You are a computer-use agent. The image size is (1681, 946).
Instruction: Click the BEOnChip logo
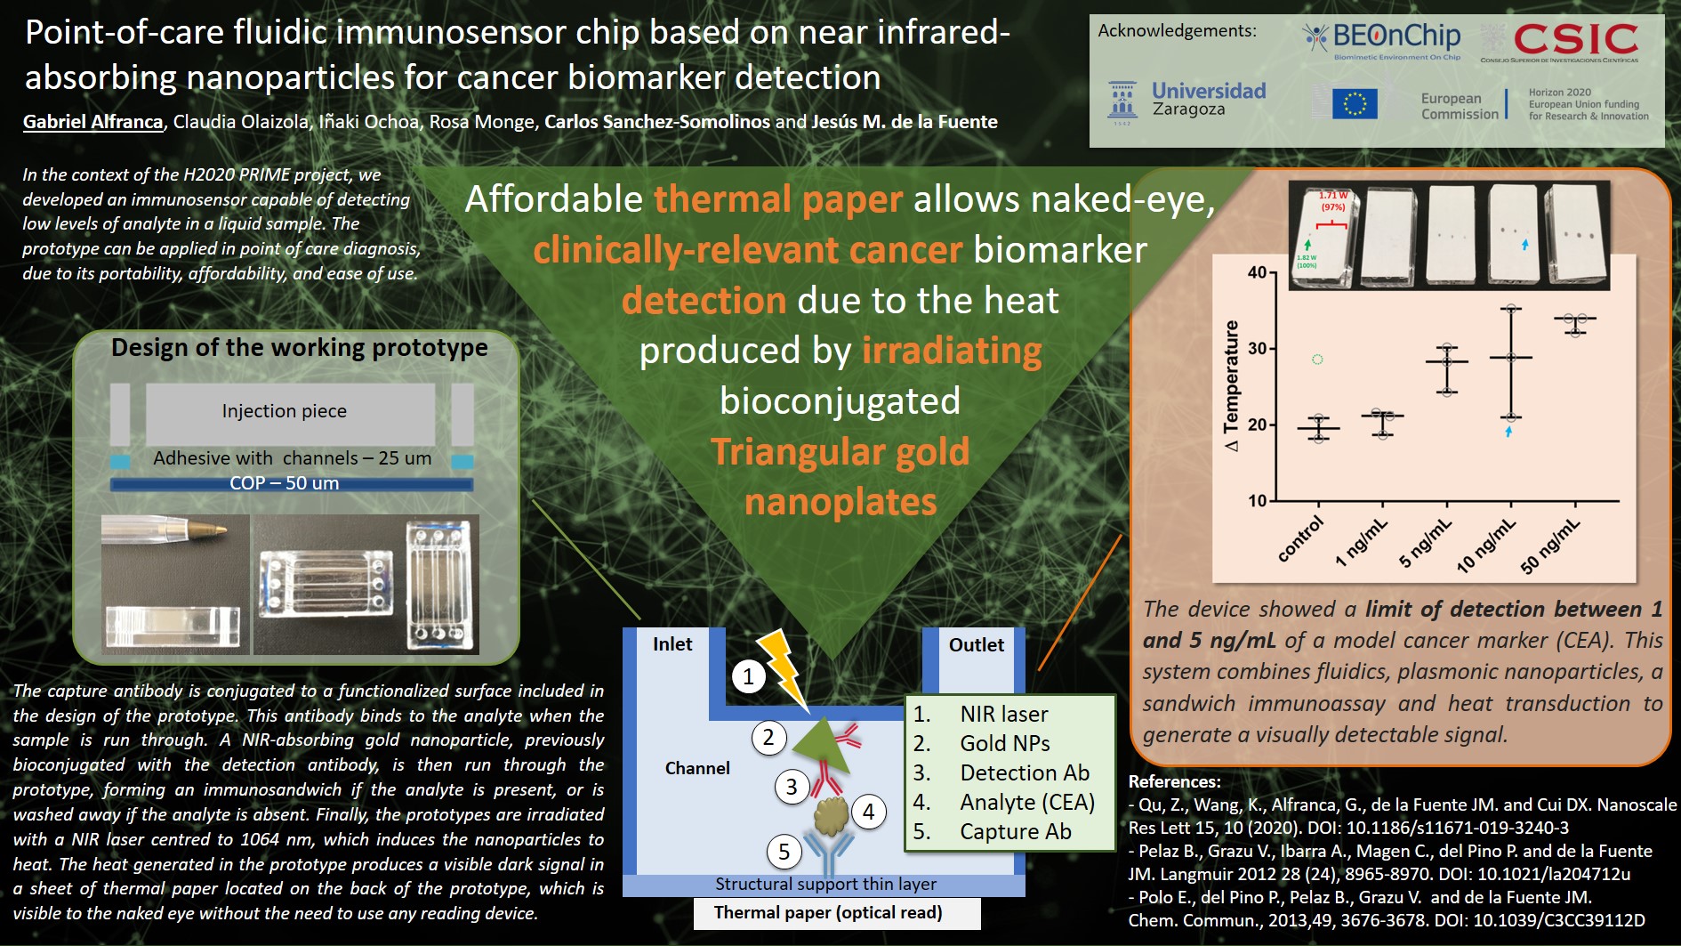pyautogui.click(x=1381, y=40)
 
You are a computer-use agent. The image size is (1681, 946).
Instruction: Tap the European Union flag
pyautogui.click(x=1355, y=103)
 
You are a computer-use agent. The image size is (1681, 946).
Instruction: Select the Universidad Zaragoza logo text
pyautogui.click(x=1209, y=100)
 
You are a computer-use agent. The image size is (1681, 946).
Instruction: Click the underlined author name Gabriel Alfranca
pyautogui.click(x=93, y=122)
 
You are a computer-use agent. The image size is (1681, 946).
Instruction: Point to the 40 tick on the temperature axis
pyautogui.click(x=1257, y=272)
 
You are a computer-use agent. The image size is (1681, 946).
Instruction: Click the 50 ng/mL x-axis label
pyautogui.click(x=1550, y=546)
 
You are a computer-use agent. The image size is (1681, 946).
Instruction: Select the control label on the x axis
pyautogui.click(x=1300, y=539)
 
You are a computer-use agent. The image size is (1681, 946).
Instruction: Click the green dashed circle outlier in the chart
pyautogui.click(x=1317, y=359)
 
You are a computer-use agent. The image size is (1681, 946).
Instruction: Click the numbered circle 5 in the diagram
pyautogui.click(x=784, y=853)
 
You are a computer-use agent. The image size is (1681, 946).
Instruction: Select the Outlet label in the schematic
pyautogui.click(x=976, y=645)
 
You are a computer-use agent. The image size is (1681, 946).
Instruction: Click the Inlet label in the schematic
pyautogui.click(x=672, y=644)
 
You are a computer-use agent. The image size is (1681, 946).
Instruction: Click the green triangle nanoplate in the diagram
pyautogui.click(x=821, y=738)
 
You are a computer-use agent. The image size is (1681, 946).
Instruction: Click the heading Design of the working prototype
pyautogui.click(x=299, y=347)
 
